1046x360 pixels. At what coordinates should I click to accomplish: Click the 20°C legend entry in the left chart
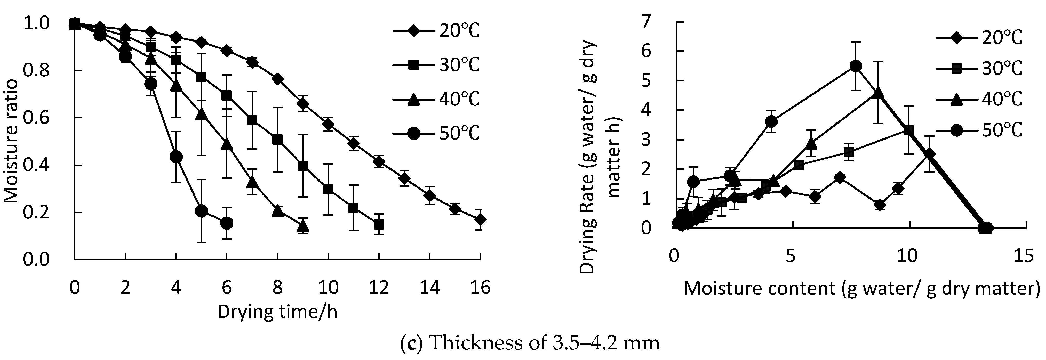click(436, 31)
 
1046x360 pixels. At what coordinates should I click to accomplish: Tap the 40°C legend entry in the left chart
click(436, 99)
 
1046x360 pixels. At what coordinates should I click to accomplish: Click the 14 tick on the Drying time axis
click(430, 288)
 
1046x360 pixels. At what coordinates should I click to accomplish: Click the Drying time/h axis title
click(277, 312)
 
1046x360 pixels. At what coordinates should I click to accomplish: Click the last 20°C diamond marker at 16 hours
click(480, 219)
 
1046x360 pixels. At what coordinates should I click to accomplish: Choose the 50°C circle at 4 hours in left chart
click(176, 157)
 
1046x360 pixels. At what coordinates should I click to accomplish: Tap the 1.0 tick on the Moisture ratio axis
click(36, 23)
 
